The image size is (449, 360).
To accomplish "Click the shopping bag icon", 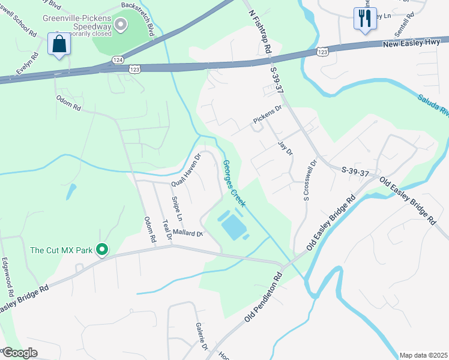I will coord(59,44).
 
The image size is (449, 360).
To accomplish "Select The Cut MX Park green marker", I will coord(102,249).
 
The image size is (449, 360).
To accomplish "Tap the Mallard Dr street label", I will coord(188,232).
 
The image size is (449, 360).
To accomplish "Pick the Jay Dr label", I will coord(286,148).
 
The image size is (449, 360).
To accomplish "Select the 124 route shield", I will coord(118,60).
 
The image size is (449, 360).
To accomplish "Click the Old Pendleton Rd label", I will coord(263,298).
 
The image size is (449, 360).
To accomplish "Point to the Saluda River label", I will coord(433,104).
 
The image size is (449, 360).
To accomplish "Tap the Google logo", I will coord(19,353).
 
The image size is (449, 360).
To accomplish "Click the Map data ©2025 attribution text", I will coord(423,355).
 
